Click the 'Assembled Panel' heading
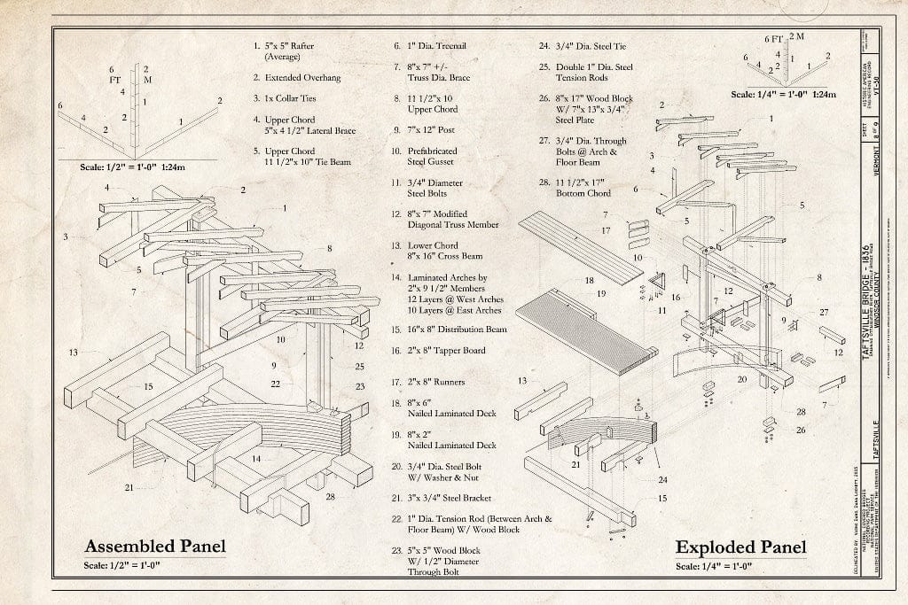click(x=154, y=546)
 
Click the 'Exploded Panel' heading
click(x=740, y=547)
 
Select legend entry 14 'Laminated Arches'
click(x=447, y=293)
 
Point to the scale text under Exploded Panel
click(x=714, y=567)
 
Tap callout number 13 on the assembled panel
click(x=73, y=353)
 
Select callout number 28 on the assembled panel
click(x=330, y=496)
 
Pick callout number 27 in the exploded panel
click(x=824, y=312)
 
